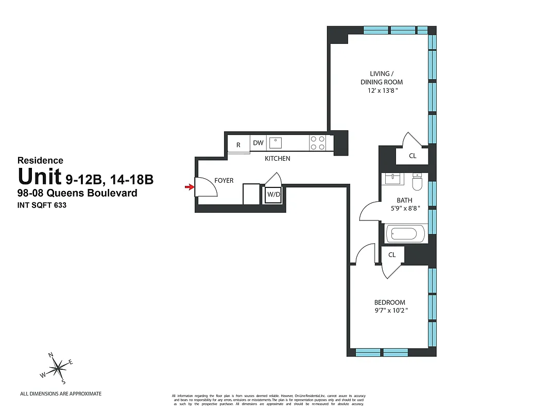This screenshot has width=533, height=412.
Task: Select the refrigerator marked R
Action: point(238,145)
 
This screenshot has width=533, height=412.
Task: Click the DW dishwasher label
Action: point(258,143)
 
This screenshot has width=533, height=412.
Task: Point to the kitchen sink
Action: point(276,142)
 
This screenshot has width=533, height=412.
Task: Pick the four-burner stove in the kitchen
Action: point(317,142)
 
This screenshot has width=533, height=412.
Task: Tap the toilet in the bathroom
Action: point(418,180)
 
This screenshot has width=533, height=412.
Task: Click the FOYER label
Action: point(223,181)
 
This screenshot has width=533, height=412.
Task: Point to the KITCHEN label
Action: point(277,159)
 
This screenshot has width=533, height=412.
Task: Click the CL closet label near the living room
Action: point(412,155)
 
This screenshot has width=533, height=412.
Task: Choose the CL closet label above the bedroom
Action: point(392,254)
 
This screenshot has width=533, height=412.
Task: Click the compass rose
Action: point(58,368)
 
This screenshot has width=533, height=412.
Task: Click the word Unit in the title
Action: point(40,177)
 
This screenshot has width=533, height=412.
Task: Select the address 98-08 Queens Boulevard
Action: point(77,194)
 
